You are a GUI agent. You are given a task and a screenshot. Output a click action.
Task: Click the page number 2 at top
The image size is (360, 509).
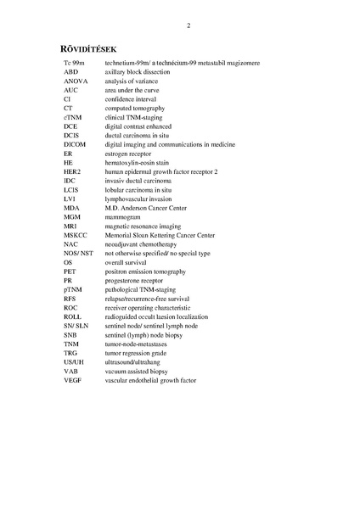tap(188, 25)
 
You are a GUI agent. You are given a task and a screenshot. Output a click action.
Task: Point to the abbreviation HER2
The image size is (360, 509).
tap(72, 171)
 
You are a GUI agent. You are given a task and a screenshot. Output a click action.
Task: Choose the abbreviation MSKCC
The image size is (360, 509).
tap(75, 235)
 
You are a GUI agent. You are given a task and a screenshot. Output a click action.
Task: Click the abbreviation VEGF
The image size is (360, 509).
tap(71, 380)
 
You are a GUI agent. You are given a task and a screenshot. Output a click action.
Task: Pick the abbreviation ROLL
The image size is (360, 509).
tap(72, 316)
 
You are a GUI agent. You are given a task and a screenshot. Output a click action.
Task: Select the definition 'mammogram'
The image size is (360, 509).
tap(123, 217)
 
